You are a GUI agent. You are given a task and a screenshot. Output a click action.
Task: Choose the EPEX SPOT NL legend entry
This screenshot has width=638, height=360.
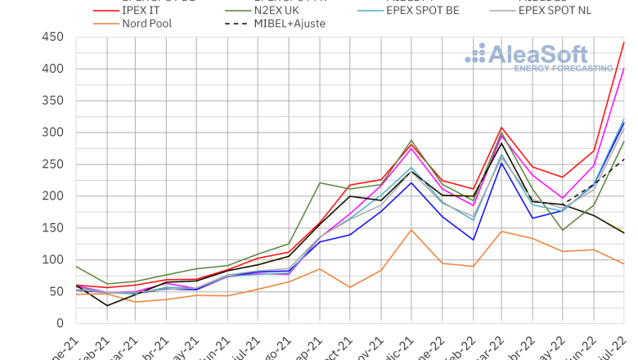[574, 10]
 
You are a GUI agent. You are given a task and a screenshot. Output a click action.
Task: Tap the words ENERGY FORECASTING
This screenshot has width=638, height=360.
[563, 69]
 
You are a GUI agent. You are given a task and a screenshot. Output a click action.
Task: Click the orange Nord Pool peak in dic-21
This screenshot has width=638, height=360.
[412, 230]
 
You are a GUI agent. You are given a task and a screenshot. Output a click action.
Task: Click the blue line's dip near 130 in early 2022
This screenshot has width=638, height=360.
[474, 240]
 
